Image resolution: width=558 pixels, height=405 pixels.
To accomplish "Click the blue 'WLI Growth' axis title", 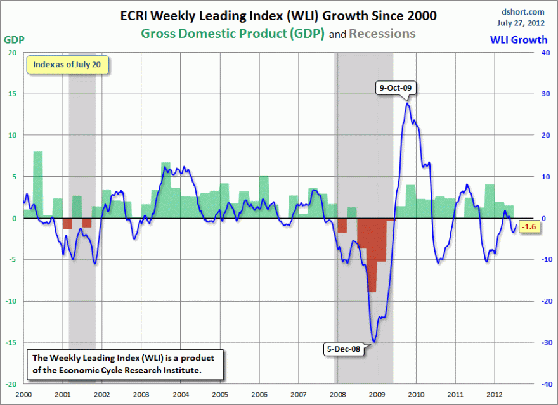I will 519,40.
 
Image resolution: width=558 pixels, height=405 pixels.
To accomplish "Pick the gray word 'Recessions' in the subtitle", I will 383,33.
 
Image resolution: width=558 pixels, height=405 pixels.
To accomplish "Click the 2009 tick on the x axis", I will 377,394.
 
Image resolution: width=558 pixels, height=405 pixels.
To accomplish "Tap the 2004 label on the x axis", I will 180,394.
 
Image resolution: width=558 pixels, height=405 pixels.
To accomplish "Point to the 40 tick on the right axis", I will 543,53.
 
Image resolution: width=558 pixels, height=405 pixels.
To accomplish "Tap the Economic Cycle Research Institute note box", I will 124,364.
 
